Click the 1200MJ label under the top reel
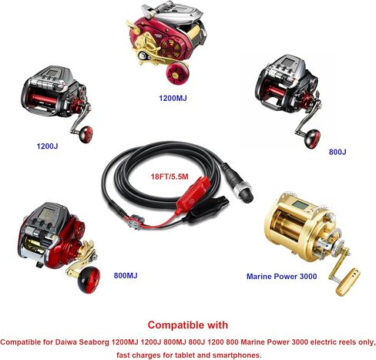[173, 98]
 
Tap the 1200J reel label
[47, 146]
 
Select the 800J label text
[337, 152]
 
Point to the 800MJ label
[126, 275]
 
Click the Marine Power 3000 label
[281, 276]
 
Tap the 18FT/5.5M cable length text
[170, 177]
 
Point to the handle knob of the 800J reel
[313, 139]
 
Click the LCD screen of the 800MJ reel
[48, 212]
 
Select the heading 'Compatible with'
[188, 325]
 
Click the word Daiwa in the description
[65, 342]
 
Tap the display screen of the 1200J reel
[53, 73]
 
